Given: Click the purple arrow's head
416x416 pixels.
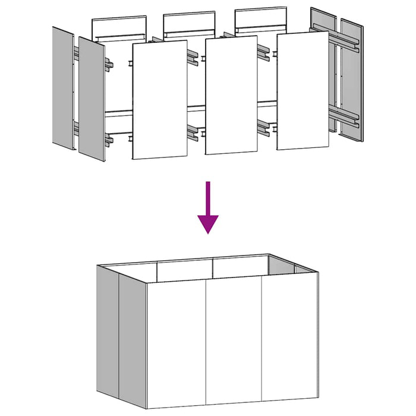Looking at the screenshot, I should (207, 223).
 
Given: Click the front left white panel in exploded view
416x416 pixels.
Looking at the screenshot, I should (159, 100).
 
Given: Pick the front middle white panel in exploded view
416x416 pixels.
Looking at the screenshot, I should (231, 95).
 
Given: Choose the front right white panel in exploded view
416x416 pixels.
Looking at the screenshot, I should (302, 90).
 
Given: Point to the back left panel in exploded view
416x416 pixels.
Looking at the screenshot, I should (119, 27).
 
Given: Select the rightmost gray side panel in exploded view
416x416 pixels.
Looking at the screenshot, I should (351, 80).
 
